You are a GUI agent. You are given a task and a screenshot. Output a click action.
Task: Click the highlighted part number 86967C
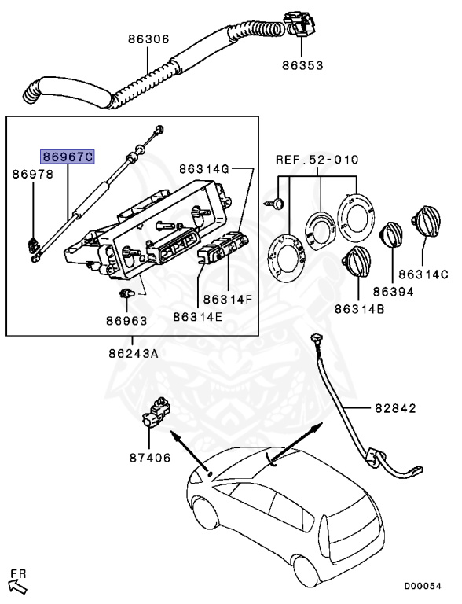coord(68,157)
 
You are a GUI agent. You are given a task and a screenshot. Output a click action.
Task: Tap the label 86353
coord(302,64)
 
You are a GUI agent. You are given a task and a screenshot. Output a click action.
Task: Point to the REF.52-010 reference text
coord(317,160)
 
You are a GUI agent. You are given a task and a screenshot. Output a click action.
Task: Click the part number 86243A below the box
coord(134,353)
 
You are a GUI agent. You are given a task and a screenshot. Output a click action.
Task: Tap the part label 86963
coord(126,320)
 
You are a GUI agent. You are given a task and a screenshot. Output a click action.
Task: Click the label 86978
coord(32,175)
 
